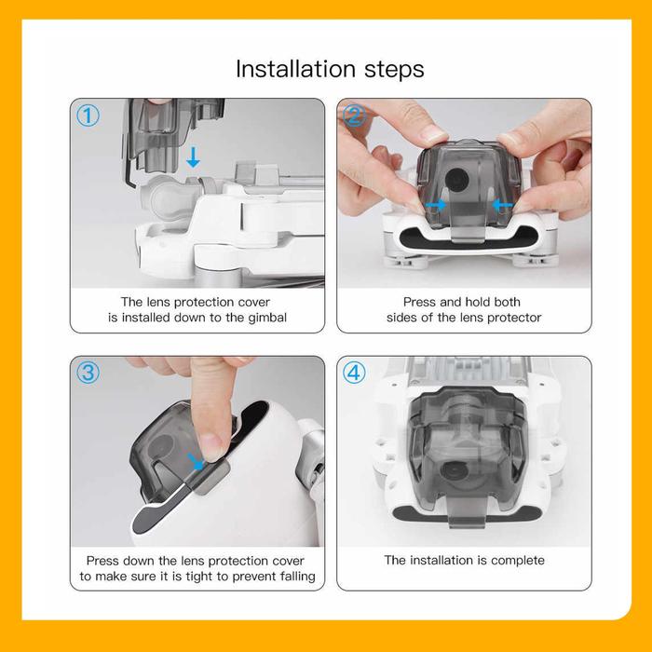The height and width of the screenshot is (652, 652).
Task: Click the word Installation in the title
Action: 295,69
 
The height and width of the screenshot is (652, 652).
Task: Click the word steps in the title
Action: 394,70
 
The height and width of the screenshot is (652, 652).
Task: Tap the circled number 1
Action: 88,115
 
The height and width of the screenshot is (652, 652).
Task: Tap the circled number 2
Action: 354,115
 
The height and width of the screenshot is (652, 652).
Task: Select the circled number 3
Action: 88,373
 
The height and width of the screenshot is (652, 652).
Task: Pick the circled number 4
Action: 354,373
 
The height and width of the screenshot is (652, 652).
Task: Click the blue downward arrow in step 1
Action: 193,157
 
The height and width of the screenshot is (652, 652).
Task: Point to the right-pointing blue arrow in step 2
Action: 436,205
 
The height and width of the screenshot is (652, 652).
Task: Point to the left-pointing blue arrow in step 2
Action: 502,205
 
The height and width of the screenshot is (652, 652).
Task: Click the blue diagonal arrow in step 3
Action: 196,462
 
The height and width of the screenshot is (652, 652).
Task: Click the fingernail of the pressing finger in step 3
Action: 213,446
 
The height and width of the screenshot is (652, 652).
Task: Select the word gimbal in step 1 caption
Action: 267,318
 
